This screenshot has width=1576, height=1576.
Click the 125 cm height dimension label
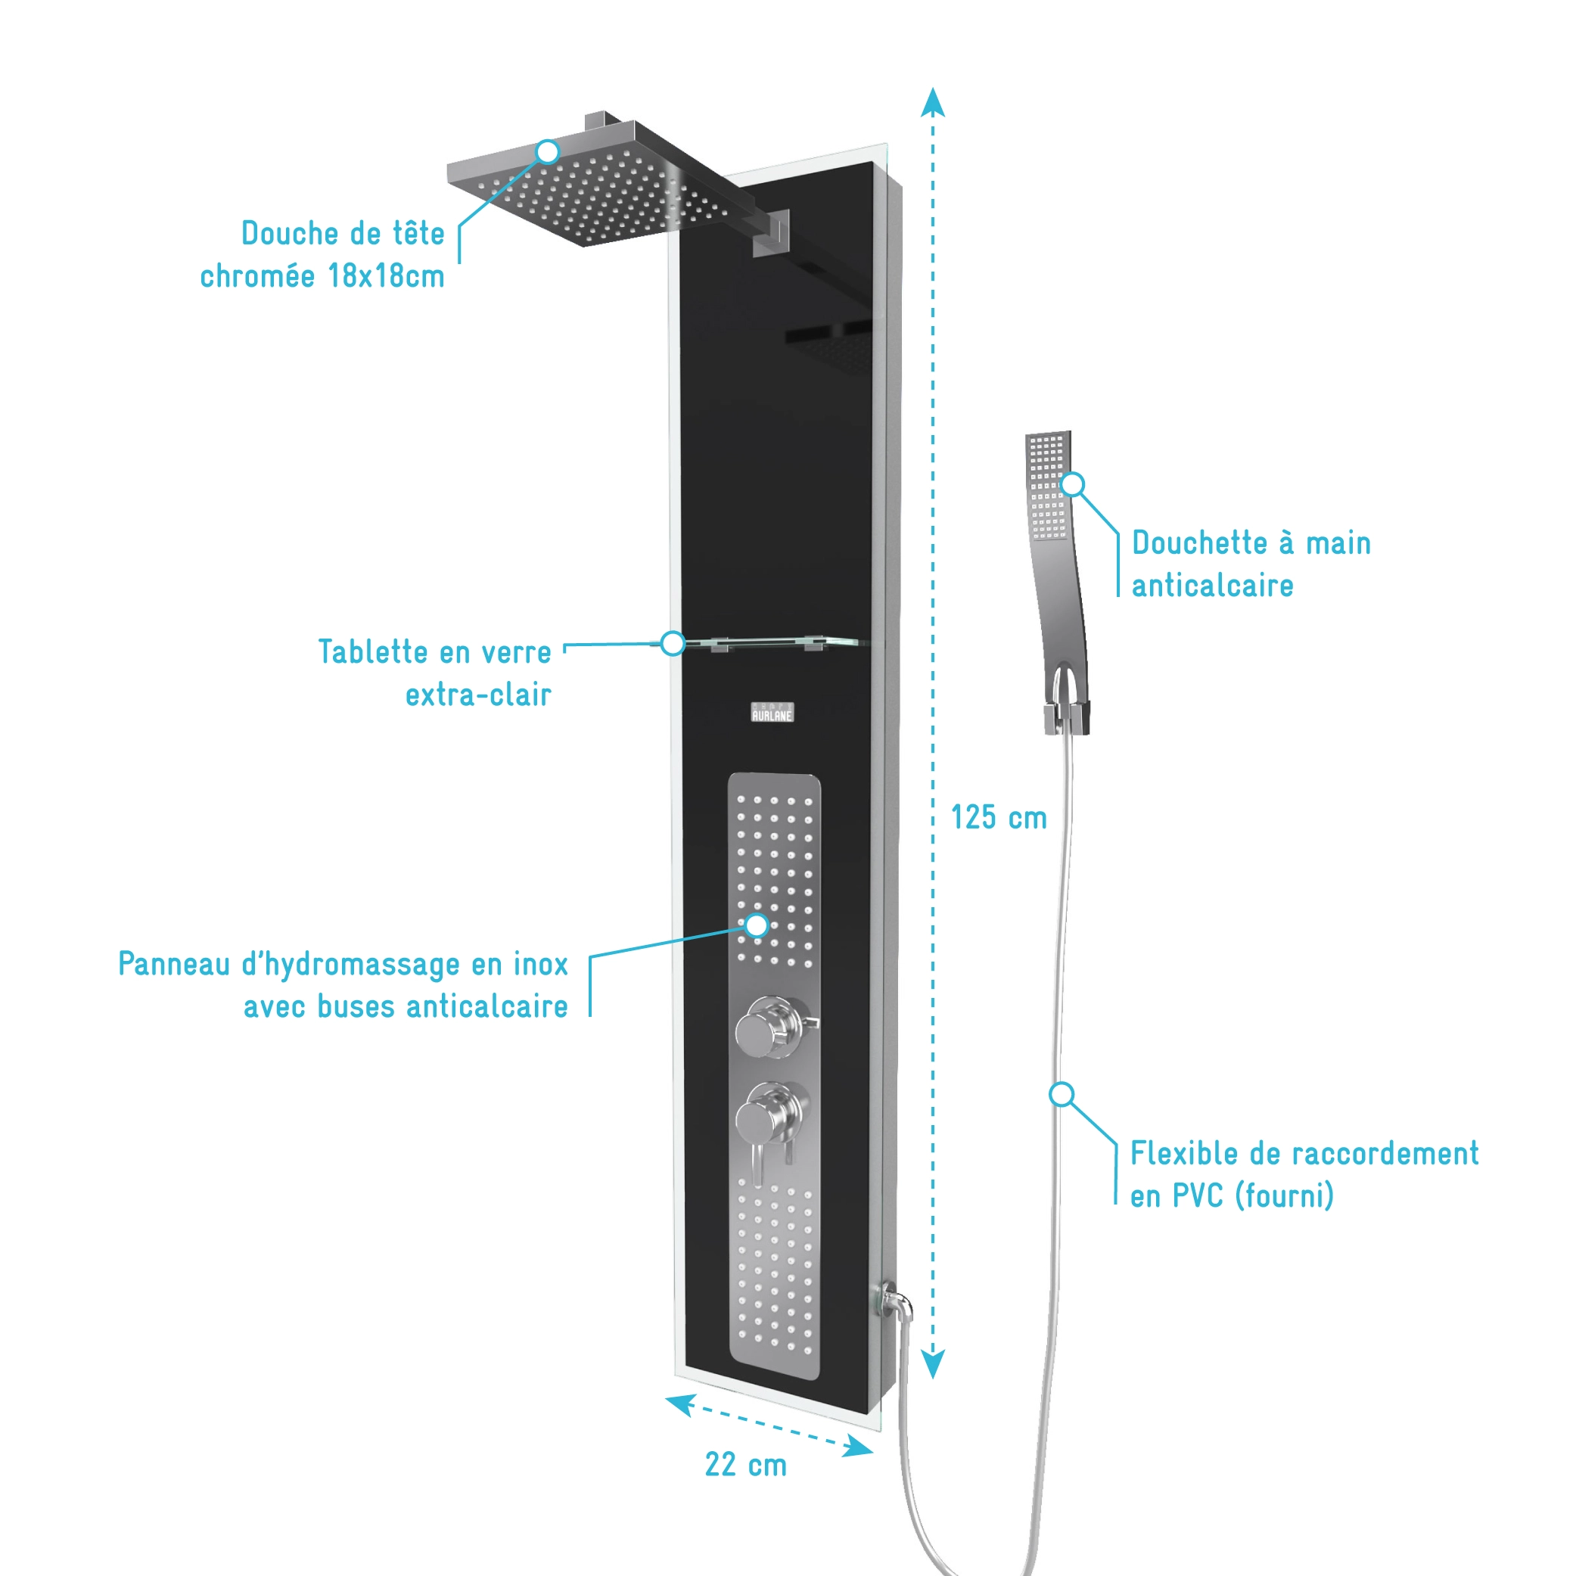pyautogui.click(x=999, y=818)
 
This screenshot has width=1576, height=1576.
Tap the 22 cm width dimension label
pyautogui.click(x=745, y=1465)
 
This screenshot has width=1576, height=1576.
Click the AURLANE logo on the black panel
pyautogui.click(x=772, y=713)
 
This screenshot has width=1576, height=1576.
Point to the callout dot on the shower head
pyautogui.click(x=547, y=152)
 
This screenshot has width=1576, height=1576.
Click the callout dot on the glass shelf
pyautogui.click(x=672, y=644)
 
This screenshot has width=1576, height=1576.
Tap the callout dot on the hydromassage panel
pyautogui.click(x=757, y=925)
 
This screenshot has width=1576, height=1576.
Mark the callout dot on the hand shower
pyautogui.click(x=1073, y=484)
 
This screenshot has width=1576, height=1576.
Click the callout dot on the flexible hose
pyautogui.click(x=1062, y=1095)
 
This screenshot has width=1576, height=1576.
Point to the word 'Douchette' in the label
pyautogui.click(x=1199, y=543)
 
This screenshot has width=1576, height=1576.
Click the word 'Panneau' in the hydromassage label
pyautogui.click(x=174, y=964)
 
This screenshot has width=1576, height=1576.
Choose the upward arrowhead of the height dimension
pyautogui.click(x=932, y=103)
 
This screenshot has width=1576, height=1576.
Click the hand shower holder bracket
pyautogui.click(x=1066, y=717)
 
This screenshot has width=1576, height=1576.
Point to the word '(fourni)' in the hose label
pyautogui.click(x=1284, y=1197)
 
